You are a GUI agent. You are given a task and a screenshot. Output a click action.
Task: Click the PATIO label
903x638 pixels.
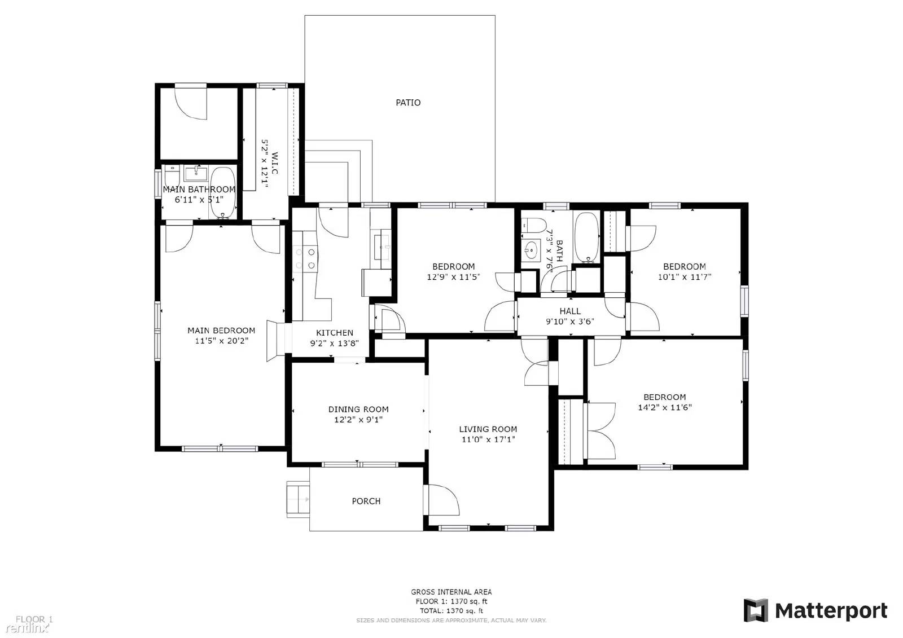[x=407, y=103]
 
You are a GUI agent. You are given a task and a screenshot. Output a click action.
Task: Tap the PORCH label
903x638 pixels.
[x=366, y=501]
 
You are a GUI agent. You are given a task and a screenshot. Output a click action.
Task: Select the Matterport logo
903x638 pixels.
[x=815, y=610]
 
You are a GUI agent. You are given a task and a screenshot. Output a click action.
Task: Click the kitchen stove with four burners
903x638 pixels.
[x=305, y=259]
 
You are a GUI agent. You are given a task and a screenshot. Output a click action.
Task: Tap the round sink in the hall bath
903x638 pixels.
[x=531, y=249]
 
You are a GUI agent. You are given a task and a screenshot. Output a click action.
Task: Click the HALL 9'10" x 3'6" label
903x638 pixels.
[x=570, y=316]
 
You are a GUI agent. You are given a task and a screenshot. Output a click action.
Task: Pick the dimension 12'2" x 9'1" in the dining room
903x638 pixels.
[x=358, y=420]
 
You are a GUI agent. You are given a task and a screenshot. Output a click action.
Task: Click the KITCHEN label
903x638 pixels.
[x=334, y=333]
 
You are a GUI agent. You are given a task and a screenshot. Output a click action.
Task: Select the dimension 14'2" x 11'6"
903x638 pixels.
[x=664, y=407]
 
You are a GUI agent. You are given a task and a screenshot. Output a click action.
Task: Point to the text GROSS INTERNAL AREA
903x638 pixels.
[x=451, y=592]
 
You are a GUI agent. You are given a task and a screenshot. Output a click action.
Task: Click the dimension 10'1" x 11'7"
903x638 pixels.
[x=684, y=277]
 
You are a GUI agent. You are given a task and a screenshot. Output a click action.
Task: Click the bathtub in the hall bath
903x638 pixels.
[x=587, y=237]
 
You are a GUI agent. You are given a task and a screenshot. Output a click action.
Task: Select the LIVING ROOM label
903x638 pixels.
[x=488, y=429]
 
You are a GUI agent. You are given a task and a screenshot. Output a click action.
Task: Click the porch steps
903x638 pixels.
[x=297, y=499]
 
